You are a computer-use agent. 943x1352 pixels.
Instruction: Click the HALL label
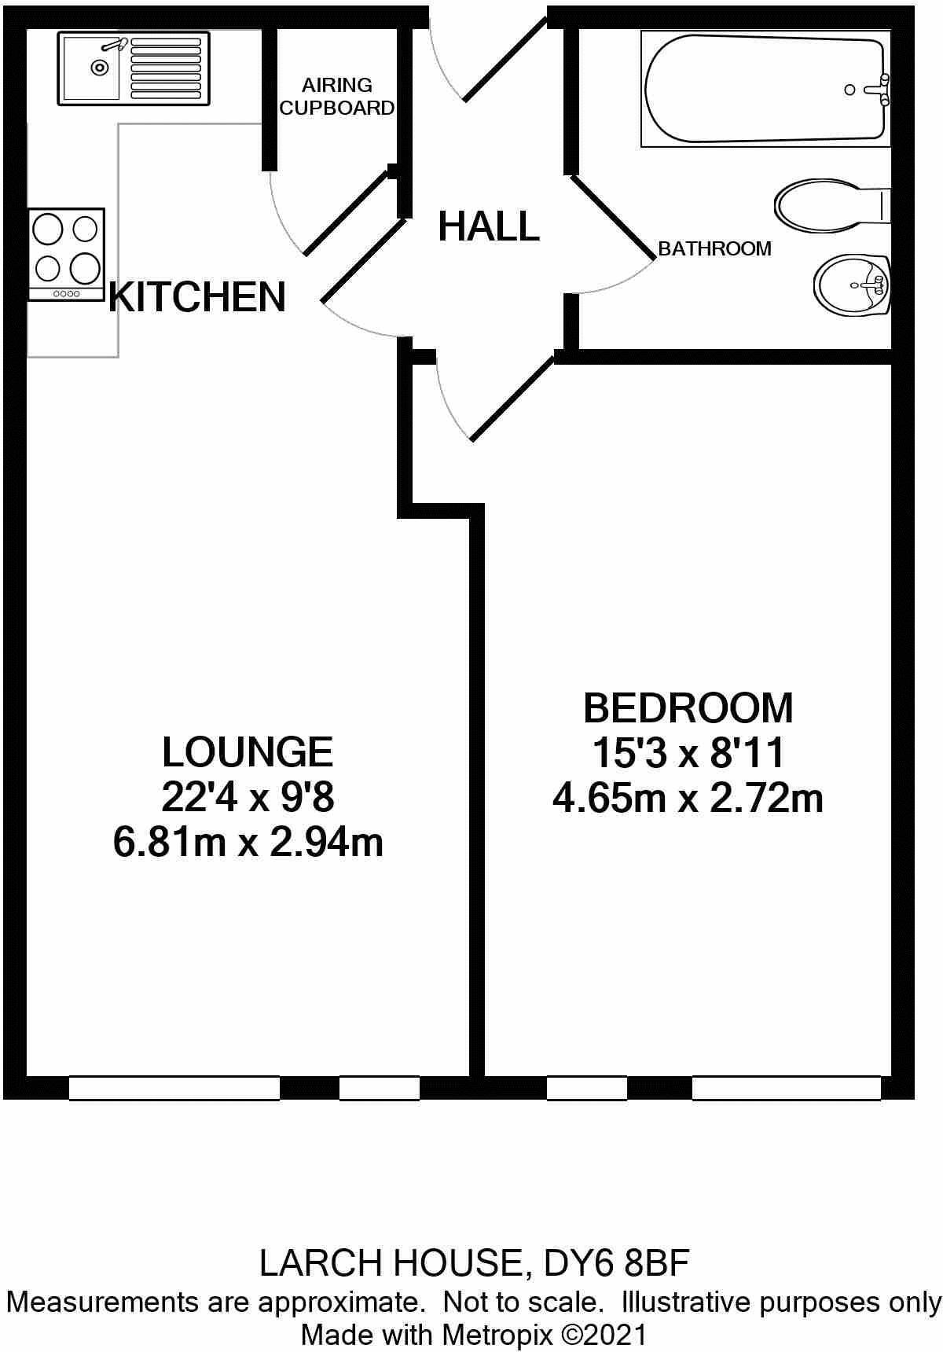coord(489,227)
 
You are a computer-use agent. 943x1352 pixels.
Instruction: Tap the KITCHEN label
coord(197,297)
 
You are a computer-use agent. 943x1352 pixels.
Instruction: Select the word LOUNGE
coord(248,752)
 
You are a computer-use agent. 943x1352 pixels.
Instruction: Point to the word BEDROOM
coord(688,708)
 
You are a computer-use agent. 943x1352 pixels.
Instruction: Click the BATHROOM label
coord(714,249)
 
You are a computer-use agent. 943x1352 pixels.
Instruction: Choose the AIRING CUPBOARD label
coord(336,97)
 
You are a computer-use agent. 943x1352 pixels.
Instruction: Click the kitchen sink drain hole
coord(100,68)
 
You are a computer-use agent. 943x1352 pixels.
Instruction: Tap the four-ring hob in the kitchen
coord(67,253)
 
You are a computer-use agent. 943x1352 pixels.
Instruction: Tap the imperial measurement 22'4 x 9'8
coord(248,798)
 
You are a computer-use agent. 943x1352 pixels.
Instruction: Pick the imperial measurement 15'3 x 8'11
coord(688,754)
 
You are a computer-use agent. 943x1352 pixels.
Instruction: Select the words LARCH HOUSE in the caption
coord(390,1263)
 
